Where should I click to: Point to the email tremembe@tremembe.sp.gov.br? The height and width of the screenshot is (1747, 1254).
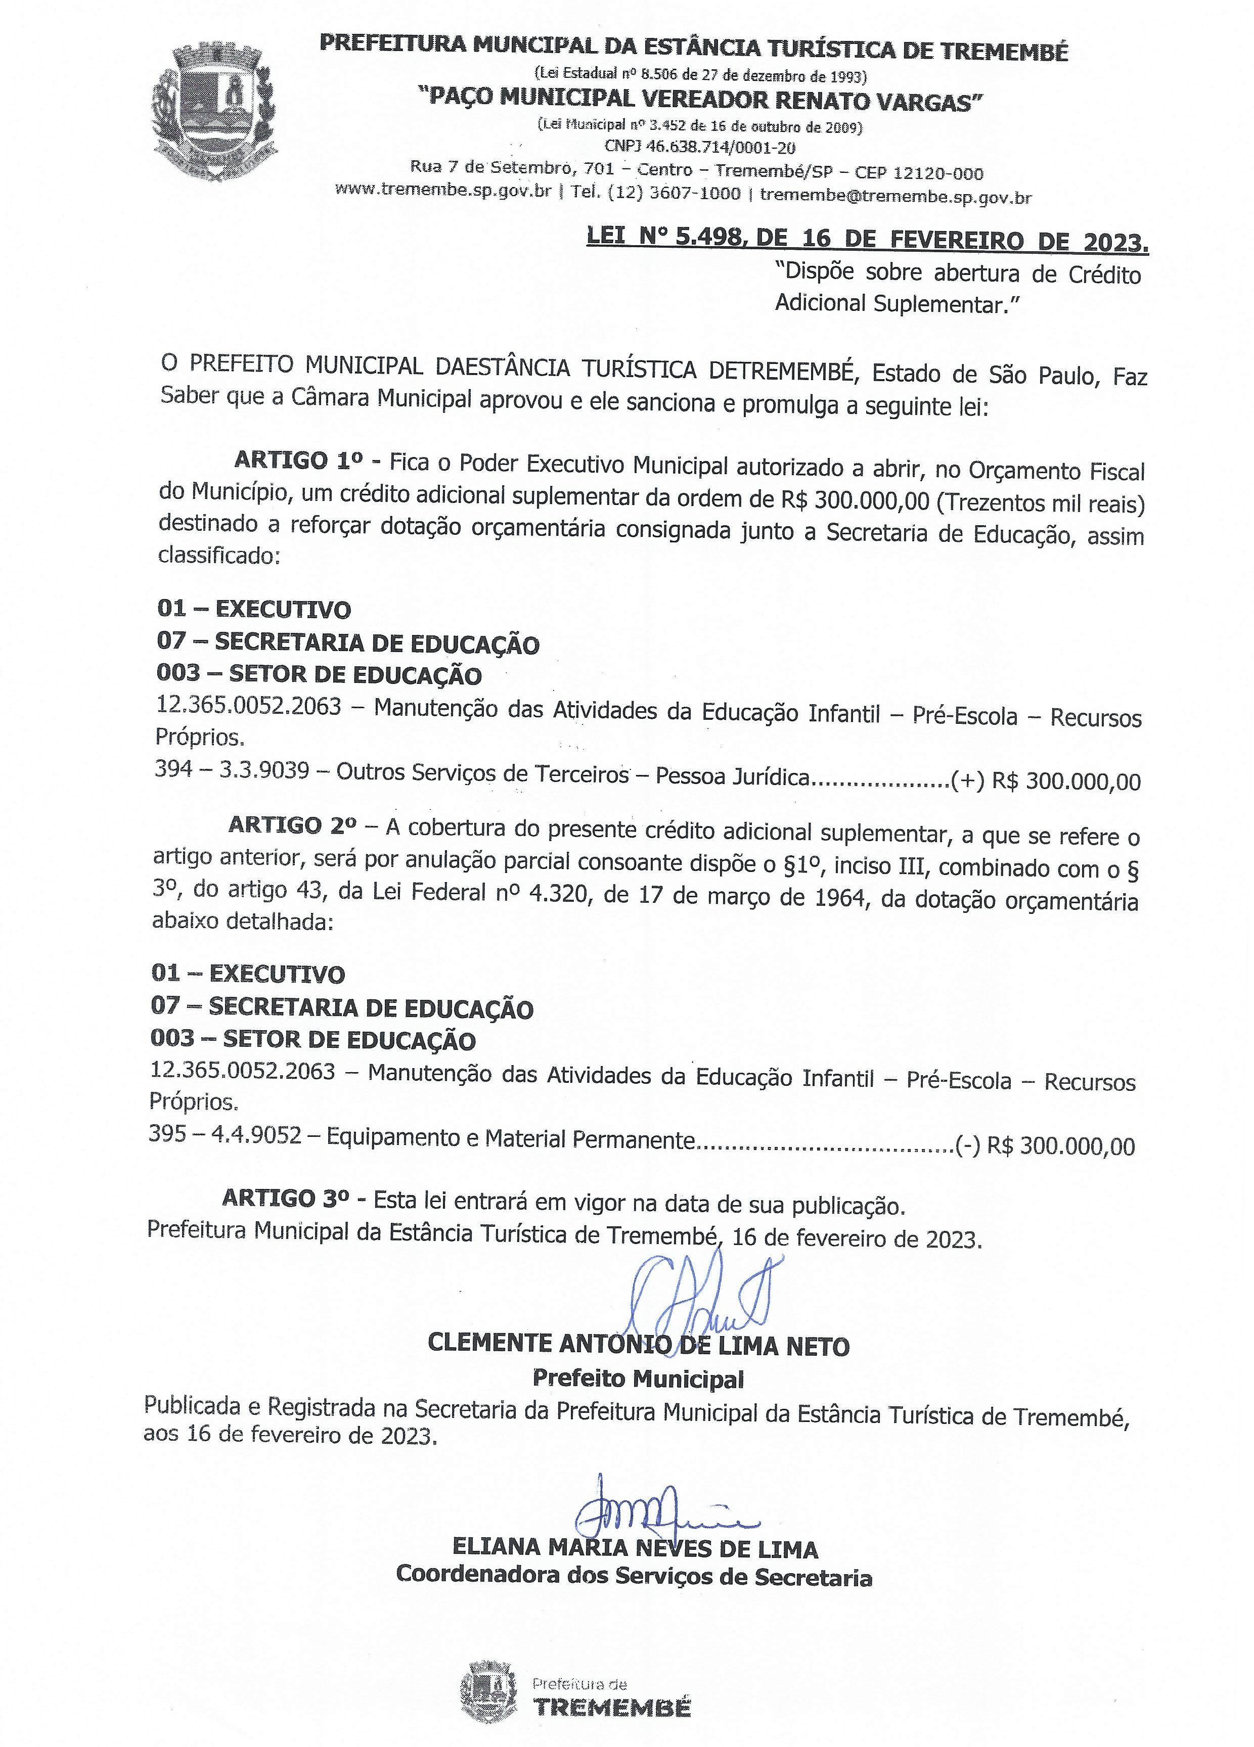[896, 196]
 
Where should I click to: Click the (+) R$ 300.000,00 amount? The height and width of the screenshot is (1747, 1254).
[1045, 781]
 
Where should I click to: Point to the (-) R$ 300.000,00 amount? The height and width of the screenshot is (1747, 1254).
[1045, 1146]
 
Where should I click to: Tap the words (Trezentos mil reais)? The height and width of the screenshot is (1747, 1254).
[1042, 504]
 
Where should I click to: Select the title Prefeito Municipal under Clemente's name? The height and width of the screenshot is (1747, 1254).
[638, 1378]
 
